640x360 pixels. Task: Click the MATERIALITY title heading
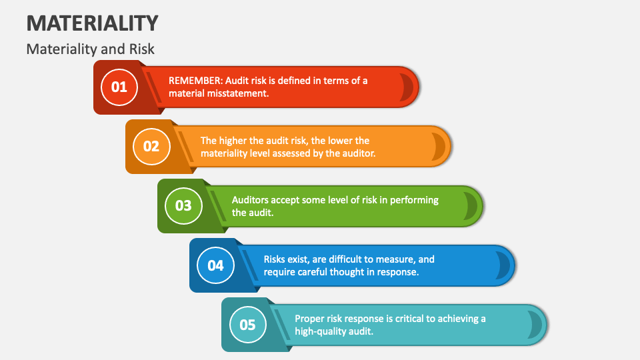coord(93,23)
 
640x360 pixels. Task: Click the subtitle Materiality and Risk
coord(91,49)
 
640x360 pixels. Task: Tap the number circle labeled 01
coord(119,87)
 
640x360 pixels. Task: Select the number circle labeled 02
coord(151,146)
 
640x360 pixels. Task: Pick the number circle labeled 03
coord(183,205)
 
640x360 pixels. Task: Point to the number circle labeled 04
coord(215,265)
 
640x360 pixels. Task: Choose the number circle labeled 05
coord(247,325)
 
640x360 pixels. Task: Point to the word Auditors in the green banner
coord(251,200)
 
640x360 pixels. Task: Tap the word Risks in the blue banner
coord(275,259)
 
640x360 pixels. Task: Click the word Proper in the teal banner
coord(310,319)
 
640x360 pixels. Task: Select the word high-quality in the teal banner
coord(321,331)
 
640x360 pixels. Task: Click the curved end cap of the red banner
coord(406,87)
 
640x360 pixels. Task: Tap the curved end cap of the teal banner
coord(534,325)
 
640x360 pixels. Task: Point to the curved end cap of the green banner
coord(470,206)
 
